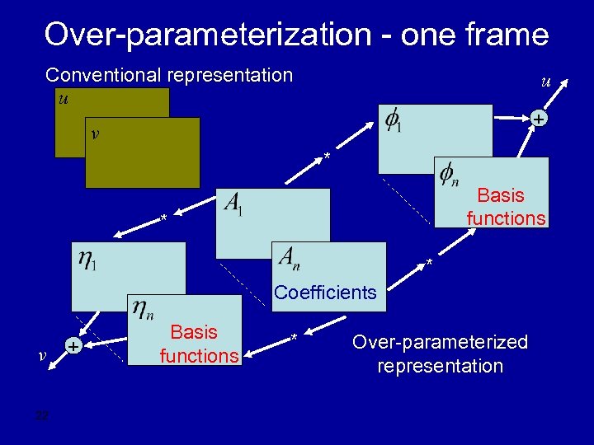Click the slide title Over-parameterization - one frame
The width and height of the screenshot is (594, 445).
pos(296,35)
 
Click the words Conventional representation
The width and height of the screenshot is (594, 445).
pos(169,75)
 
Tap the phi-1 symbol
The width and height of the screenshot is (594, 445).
pos(394,121)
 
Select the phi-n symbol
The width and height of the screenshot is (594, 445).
pos(449,175)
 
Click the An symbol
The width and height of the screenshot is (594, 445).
pos(289,258)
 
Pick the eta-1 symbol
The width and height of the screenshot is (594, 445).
pos(87,260)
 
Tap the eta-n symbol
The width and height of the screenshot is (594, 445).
pos(142,310)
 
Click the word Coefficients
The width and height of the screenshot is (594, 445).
pos(325,293)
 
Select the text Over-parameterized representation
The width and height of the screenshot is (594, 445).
pos(440,354)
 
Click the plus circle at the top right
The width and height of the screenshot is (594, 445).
pos(538,120)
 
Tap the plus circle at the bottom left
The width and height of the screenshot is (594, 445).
pos(73,347)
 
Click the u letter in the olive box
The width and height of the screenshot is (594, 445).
pos(64,98)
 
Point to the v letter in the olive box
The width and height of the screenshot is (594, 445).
pos(96,133)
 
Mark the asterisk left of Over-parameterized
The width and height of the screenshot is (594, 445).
pos(294,338)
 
